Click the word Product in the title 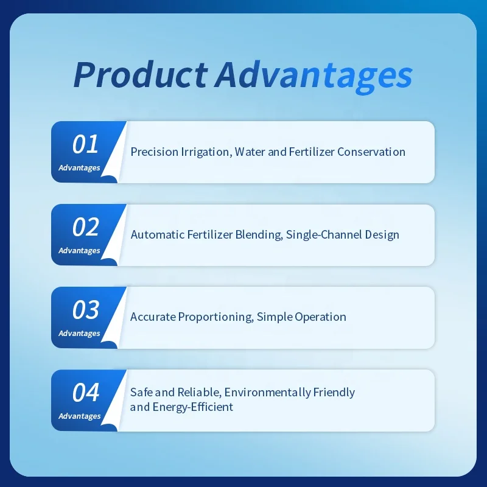click(141, 75)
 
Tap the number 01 click(85, 144)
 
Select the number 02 click(86, 226)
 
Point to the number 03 click(86, 310)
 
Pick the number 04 click(86, 392)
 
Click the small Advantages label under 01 click(79, 168)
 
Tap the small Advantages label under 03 click(79, 334)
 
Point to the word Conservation click(371, 152)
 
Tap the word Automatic click(158, 234)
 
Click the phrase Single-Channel click(324, 235)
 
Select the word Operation click(320, 317)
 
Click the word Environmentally click(267, 393)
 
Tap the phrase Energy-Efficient click(192, 407)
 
